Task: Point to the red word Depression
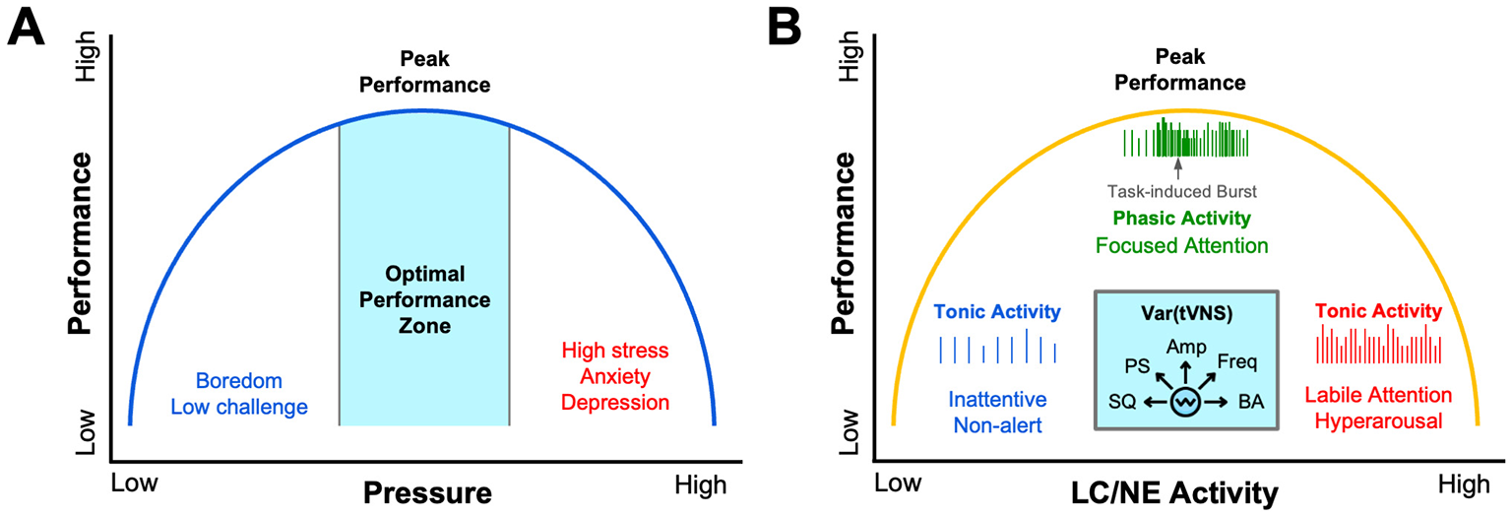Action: click(615, 403)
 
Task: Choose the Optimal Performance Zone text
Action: click(423, 298)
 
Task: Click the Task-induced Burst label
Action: click(1184, 194)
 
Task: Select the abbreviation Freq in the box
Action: click(1236, 361)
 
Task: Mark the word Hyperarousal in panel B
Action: click(1378, 419)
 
